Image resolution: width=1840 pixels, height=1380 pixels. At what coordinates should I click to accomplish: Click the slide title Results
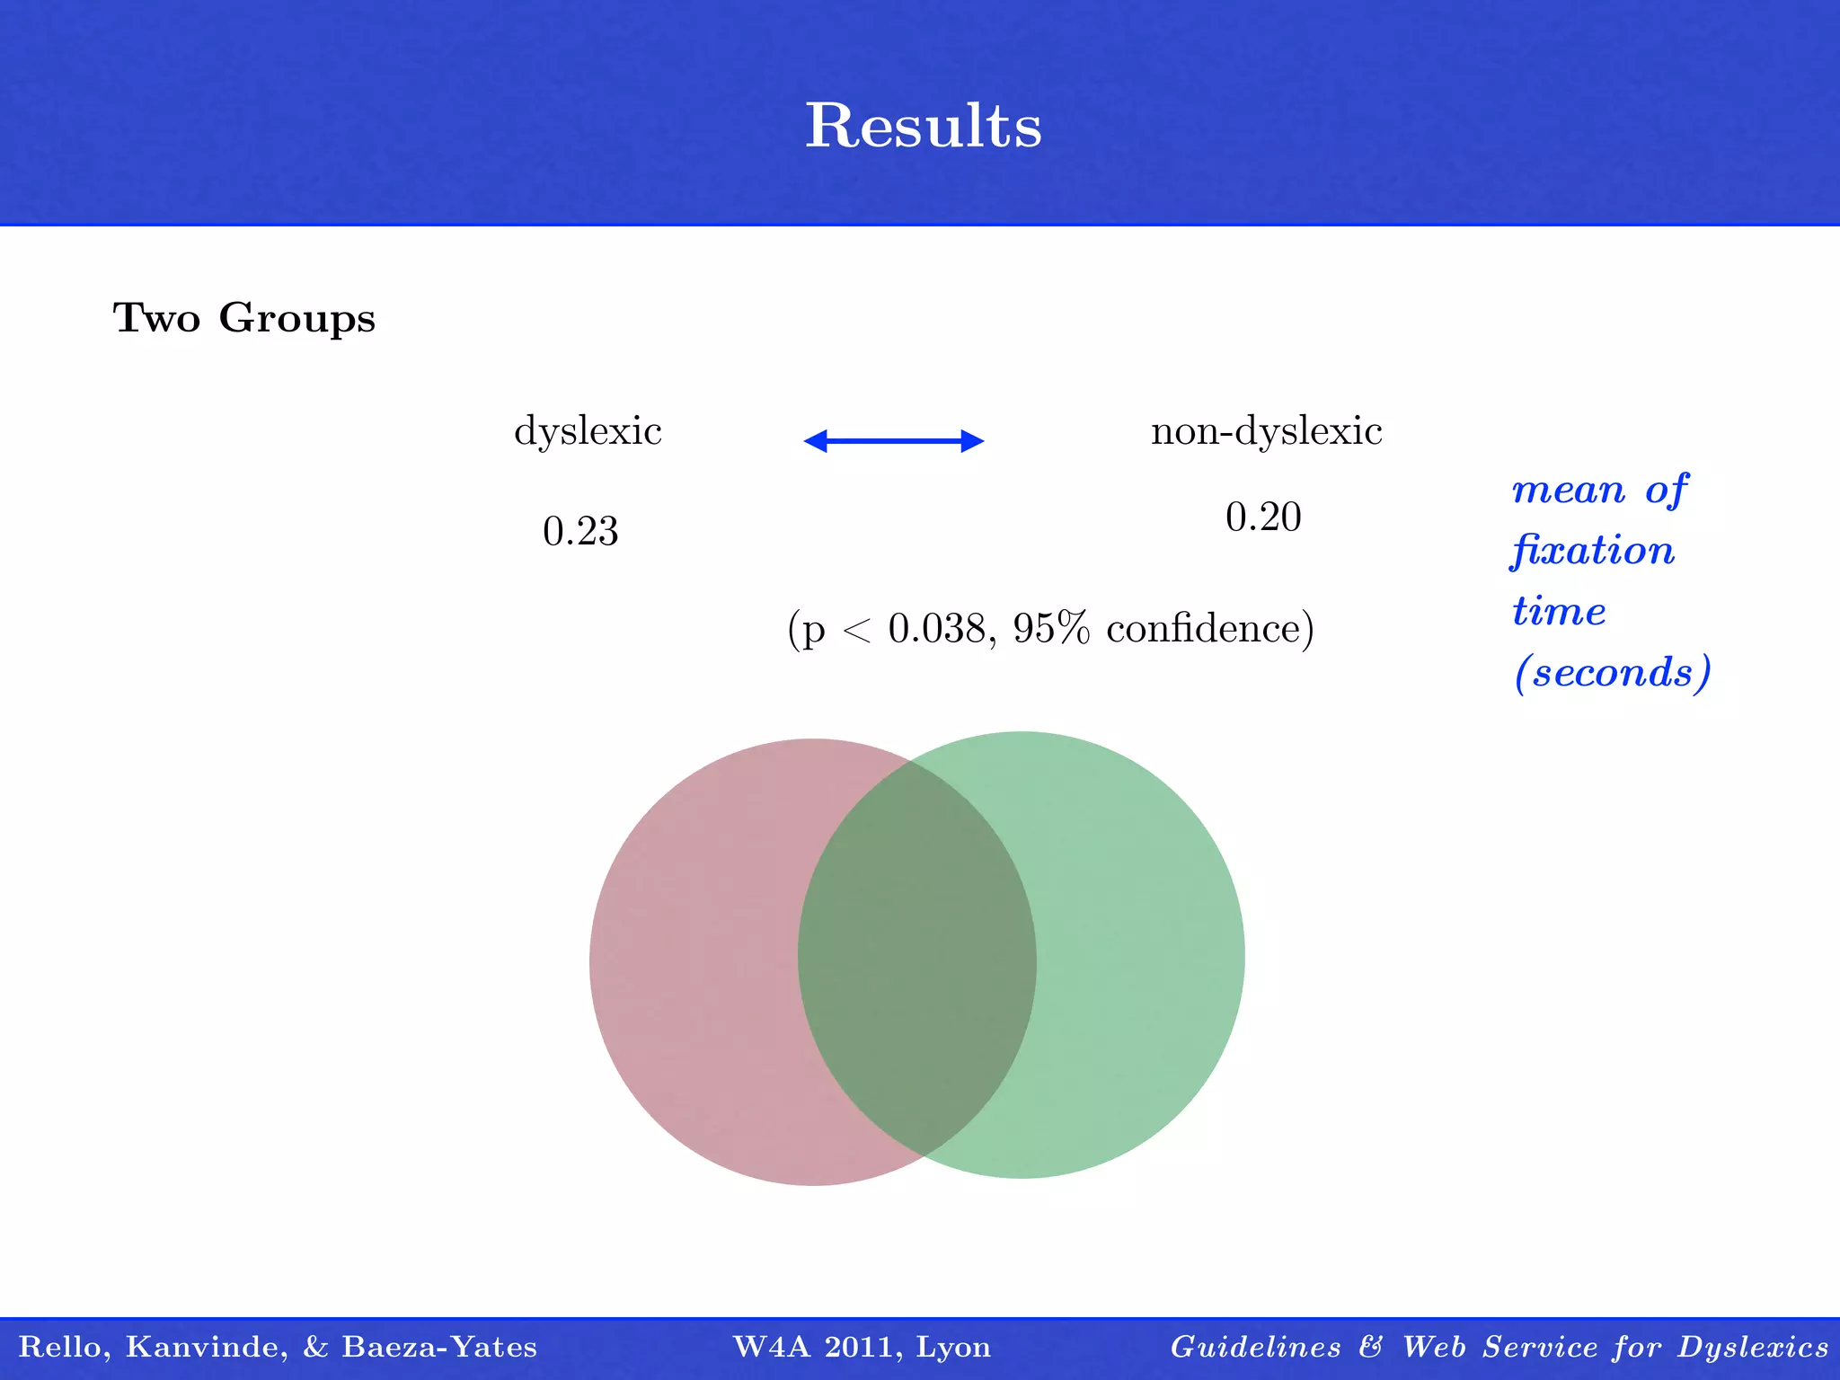coord(923,126)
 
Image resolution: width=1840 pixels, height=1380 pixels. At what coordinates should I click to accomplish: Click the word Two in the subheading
coord(156,318)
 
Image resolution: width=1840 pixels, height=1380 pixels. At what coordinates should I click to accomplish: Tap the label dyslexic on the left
coord(588,432)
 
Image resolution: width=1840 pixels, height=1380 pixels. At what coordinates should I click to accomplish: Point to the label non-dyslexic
coord(1266,432)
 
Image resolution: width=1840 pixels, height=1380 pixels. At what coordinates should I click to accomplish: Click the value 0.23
coord(580,531)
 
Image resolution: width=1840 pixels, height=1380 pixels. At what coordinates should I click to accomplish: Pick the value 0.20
coord(1263,517)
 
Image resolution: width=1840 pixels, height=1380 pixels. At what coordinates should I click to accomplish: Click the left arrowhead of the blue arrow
coord(815,440)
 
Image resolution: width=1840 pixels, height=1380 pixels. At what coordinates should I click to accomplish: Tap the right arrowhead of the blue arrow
coord(973,440)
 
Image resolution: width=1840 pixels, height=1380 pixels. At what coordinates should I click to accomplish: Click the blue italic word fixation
coord(1593,551)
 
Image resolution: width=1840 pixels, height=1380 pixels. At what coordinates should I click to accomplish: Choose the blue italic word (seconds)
coord(1613,673)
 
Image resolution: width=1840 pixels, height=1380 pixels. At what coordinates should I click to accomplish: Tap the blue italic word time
coord(1559,612)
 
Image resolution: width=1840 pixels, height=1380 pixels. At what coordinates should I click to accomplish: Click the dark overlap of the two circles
coord(916,958)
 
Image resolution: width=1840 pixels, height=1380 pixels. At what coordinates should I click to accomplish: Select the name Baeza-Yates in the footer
coord(439,1347)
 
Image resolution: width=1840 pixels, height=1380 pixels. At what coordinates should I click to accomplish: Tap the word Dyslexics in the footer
coord(1753,1347)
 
